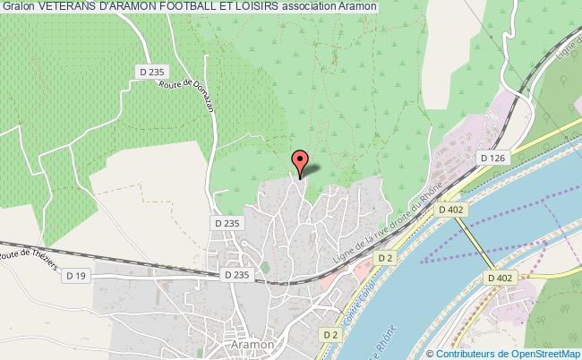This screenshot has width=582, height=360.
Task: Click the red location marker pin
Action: point(300,162)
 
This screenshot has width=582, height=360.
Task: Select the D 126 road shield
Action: point(493,159)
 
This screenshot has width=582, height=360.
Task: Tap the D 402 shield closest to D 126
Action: point(452,209)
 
